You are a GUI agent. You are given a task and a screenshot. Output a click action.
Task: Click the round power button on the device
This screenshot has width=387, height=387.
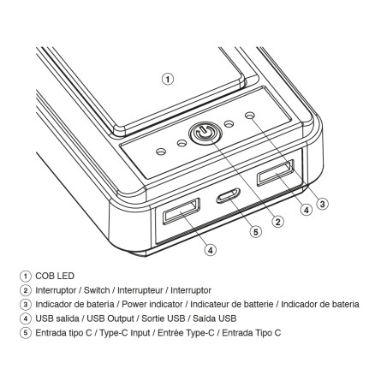click(205, 134)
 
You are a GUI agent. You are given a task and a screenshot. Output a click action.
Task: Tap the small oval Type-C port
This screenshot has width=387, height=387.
click(228, 195)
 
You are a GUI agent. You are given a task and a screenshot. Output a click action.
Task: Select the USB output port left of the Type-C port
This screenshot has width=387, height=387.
click(182, 211)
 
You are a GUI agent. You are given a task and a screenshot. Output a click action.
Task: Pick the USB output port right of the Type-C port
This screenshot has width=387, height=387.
click(276, 173)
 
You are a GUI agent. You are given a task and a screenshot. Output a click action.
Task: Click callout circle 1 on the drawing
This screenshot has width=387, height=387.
click(168, 79)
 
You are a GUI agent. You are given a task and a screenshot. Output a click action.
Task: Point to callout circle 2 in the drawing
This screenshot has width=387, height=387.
click(278, 222)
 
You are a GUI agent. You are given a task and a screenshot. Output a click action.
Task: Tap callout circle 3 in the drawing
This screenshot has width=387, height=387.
click(323, 204)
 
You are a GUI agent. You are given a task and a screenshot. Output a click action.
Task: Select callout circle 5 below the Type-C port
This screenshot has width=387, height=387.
click(256, 232)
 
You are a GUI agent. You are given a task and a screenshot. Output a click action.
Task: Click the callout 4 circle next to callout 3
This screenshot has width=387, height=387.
click(307, 210)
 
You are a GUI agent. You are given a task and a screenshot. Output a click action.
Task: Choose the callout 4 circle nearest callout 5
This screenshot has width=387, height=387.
click(211, 250)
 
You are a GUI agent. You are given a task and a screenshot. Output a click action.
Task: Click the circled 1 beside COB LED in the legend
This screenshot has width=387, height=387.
click(26, 277)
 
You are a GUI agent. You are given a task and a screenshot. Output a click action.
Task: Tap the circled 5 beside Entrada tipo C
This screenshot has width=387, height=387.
click(26, 333)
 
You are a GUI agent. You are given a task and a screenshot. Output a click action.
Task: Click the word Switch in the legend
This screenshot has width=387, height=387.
click(97, 290)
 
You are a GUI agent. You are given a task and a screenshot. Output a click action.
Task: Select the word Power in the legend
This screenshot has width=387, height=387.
click(134, 304)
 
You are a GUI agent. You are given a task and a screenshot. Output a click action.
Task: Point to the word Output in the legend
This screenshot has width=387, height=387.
click(121, 319)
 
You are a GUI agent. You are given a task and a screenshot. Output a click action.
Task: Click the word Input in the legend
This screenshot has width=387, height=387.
click(140, 333)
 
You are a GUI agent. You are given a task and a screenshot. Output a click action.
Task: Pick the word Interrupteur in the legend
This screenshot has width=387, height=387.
click(140, 290)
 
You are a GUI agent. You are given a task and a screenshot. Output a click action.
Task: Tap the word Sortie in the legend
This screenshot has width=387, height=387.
click(153, 319)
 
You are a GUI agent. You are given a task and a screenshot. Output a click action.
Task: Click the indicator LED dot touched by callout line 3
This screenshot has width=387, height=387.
click(250, 116)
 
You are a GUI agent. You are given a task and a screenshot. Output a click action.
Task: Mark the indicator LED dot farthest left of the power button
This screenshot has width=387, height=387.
click(161, 152)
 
